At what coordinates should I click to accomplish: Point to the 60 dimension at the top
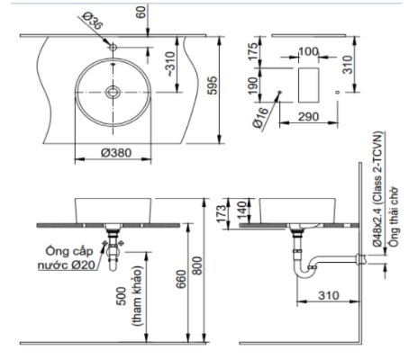pyautogui.click(x=139, y=13)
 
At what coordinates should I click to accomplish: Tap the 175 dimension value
pyautogui.click(x=254, y=49)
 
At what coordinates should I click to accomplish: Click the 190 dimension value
pyautogui.click(x=254, y=87)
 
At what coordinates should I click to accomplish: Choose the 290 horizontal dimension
pyautogui.click(x=309, y=119)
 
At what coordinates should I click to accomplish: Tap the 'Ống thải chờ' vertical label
pyautogui.click(x=394, y=210)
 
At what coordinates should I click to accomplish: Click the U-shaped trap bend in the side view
pyautogui.click(x=309, y=273)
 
